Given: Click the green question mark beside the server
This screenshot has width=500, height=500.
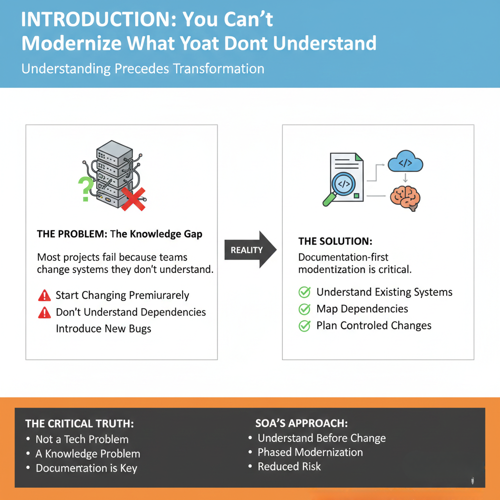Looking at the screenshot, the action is [85, 189].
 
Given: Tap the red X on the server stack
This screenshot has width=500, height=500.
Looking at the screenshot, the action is [133, 199].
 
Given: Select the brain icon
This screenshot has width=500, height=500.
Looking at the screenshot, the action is [405, 198].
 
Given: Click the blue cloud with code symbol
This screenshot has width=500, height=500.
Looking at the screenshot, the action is [405, 161].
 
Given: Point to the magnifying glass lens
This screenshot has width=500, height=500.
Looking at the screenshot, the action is [343, 184].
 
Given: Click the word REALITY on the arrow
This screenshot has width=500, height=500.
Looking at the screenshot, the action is [247, 250].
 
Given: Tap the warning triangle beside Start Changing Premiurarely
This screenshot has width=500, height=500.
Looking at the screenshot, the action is [44, 295].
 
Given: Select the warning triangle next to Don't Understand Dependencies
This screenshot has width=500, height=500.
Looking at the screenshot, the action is [44, 312].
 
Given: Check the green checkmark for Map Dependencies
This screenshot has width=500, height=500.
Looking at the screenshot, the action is [305, 309].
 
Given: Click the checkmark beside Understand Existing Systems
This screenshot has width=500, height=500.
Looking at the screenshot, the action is [305, 292].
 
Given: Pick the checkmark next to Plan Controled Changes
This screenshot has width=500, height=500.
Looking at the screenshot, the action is [305, 326].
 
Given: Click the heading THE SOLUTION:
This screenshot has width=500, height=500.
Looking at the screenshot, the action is [335, 241].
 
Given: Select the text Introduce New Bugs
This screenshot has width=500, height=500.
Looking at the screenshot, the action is [104, 329].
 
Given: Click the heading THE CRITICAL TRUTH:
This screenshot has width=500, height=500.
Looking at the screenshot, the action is [80, 423].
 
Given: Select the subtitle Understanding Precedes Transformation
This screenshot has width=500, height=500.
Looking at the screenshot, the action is [143, 68].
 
